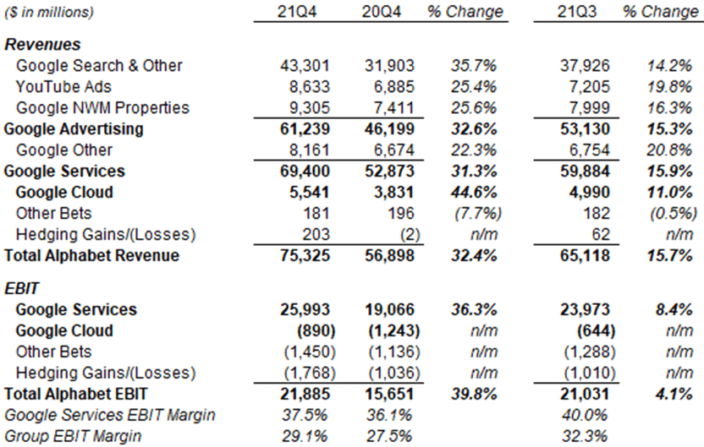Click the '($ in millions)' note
click(49, 13)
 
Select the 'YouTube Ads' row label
click(63, 86)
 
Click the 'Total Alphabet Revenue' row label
click(91, 255)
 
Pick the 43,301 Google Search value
click(303, 65)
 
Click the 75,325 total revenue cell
click(303, 255)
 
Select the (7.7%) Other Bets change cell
click(479, 213)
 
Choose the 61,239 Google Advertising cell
click(303, 128)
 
